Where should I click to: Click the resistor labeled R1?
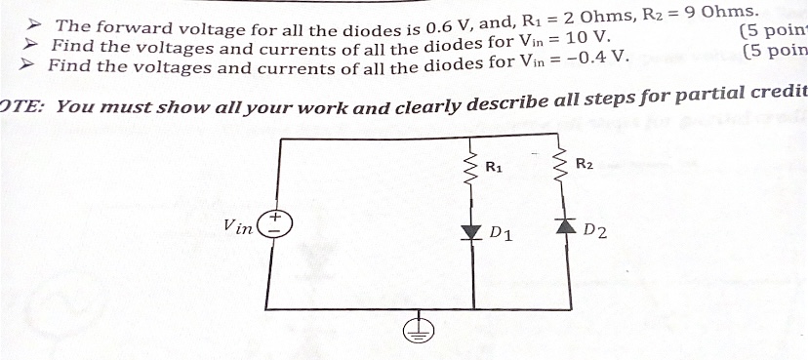(x=472, y=168)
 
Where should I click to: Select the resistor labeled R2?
(x=562, y=167)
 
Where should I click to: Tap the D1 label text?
(x=503, y=234)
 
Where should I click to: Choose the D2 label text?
(x=594, y=231)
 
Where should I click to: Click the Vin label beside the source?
(x=238, y=226)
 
